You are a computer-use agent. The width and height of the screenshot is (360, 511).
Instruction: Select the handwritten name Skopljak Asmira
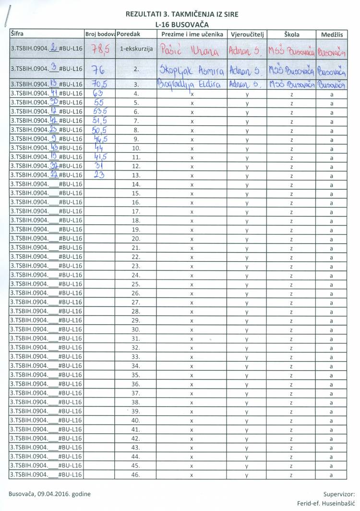[x=191, y=70]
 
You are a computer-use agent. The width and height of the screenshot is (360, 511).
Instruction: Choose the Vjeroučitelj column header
[x=246, y=35]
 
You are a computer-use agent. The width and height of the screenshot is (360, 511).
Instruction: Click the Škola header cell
[x=291, y=35]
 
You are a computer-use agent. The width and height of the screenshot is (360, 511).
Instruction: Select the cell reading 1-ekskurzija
[x=136, y=49]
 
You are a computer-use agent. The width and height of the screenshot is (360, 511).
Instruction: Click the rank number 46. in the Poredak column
[x=136, y=475]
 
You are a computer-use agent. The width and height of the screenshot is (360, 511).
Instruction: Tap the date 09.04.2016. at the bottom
[x=61, y=494]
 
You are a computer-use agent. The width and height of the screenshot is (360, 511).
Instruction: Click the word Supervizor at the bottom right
[x=339, y=494]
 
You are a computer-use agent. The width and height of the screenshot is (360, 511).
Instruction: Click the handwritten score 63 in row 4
[x=97, y=94]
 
